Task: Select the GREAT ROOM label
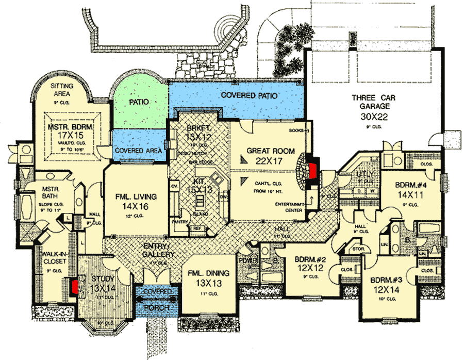pyautogui.click(x=271, y=151)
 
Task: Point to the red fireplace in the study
pyautogui.click(x=75, y=286)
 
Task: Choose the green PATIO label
pyautogui.click(x=139, y=102)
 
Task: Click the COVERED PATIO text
pyautogui.click(x=250, y=96)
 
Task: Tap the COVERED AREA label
pyautogui.click(x=139, y=151)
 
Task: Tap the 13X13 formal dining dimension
pyautogui.click(x=209, y=283)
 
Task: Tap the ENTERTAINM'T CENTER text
pyautogui.click(x=287, y=207)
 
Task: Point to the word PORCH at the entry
pyautogui.click(x=158, y=308)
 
